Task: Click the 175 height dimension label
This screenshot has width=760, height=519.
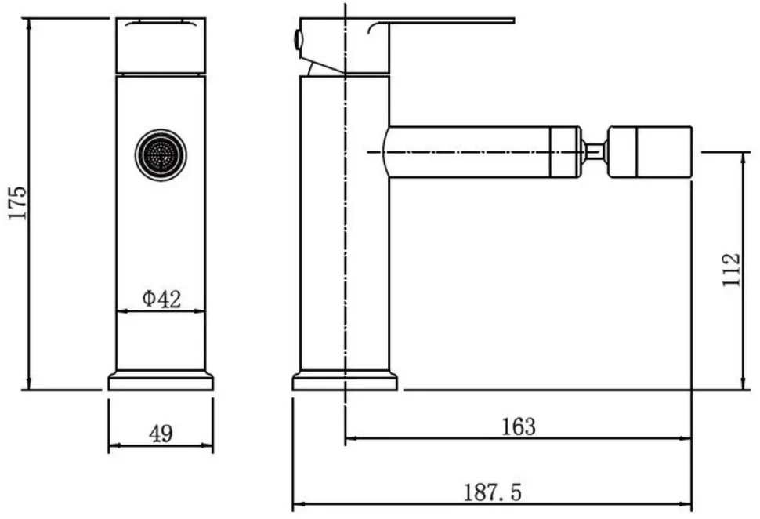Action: point(19,202)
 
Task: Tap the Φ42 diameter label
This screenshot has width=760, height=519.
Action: point(161,299)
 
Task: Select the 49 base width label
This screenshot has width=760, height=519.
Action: point(161,433)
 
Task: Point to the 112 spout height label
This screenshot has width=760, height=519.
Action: point(732,270)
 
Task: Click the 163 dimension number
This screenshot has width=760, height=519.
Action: point(518,426)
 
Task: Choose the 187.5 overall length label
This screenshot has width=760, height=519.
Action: point(493,492)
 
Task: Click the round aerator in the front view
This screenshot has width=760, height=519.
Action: point(161,154)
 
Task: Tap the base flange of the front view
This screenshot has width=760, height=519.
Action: point(161,381)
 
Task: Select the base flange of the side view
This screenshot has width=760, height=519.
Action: point(345,381)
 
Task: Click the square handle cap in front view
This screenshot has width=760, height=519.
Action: point(161,46)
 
